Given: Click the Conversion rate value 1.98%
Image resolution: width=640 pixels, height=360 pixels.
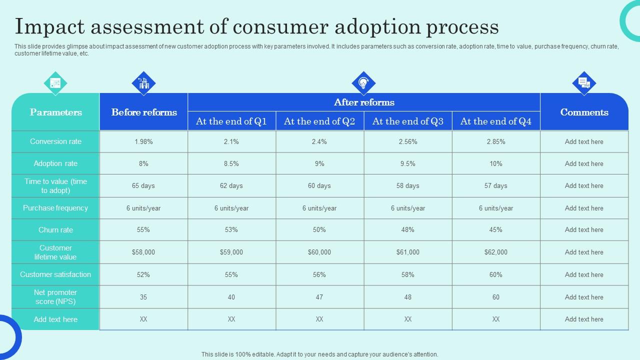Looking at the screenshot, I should [143, 141].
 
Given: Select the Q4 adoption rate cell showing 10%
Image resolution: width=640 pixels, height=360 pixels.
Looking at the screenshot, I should [495, 163].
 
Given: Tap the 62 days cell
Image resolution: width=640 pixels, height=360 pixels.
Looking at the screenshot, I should [231, 185].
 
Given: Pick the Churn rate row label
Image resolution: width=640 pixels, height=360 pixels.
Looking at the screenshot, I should [55, 230].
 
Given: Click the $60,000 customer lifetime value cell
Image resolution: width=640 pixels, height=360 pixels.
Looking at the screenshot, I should [319, 252].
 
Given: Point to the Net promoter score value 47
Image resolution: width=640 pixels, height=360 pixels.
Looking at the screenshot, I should [319, 297].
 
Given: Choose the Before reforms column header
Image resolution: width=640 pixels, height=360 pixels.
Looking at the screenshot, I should [144, 112].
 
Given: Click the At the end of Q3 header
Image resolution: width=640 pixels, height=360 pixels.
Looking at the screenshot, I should [407, 121].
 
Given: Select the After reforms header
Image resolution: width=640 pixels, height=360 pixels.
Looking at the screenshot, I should [364, 102].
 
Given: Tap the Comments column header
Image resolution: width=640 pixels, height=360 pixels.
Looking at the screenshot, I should [584, 112].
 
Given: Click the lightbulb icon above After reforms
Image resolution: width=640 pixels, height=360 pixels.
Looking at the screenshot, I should [363, 83].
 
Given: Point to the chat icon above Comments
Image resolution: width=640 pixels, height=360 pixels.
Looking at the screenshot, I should [584, 83].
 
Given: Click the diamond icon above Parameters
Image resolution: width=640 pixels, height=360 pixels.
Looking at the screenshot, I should [55, 83].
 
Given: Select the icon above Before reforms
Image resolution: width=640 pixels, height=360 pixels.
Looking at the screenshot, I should [143, 83].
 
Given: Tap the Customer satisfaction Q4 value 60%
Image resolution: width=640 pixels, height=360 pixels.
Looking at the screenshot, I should [495, 274].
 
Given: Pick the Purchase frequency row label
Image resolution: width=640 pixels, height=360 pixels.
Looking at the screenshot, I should [55, 208].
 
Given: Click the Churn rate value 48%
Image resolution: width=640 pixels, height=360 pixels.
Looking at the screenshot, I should [407, 230].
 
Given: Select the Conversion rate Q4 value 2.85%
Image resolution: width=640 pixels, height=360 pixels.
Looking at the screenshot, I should [495, 141].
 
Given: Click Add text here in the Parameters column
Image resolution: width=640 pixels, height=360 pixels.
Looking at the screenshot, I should [55, 319].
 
